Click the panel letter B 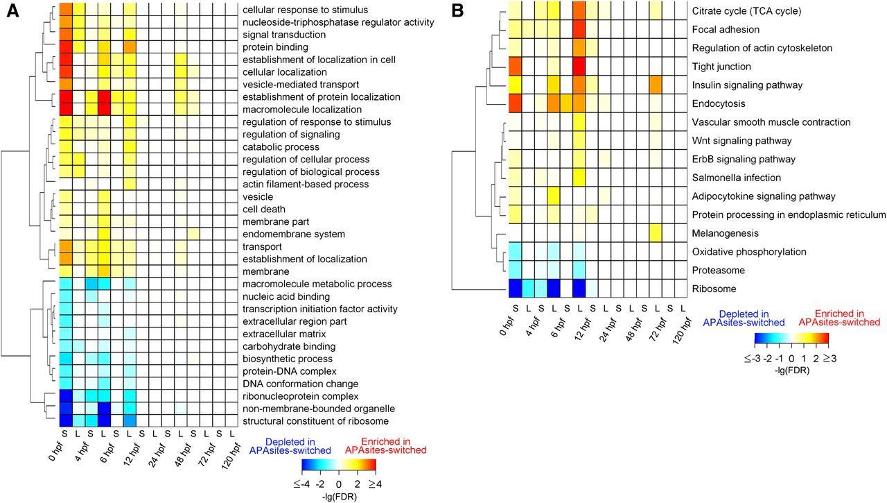[457, 12]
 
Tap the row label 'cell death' [265, 210]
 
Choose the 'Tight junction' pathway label [721, 67]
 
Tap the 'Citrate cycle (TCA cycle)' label [747, 11]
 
